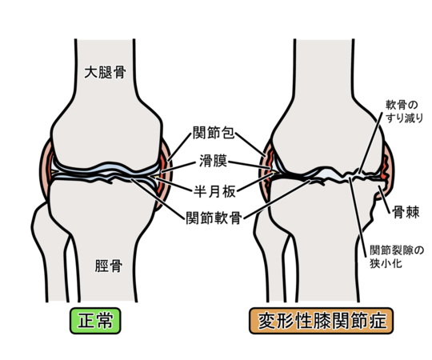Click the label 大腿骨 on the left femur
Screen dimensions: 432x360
106,72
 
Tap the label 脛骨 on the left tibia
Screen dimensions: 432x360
109,266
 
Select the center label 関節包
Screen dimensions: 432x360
214,133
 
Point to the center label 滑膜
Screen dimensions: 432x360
214,161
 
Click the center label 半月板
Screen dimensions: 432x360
214,191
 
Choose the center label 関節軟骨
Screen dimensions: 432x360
214,218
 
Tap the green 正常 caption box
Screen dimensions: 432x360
95,321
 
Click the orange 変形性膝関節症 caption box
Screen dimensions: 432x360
322,321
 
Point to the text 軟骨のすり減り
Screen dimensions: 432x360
404,111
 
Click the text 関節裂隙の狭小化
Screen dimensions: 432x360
396,257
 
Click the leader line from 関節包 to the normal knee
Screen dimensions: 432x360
180,147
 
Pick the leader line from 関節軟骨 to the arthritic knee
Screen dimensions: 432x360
277,199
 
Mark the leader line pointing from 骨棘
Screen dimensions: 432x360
384,200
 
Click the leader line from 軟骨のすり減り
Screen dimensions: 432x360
370,142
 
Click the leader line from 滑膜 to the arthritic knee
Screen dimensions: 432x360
250,165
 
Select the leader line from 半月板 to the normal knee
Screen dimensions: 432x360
174,184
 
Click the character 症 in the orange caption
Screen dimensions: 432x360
378,321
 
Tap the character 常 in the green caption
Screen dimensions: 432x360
105,321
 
